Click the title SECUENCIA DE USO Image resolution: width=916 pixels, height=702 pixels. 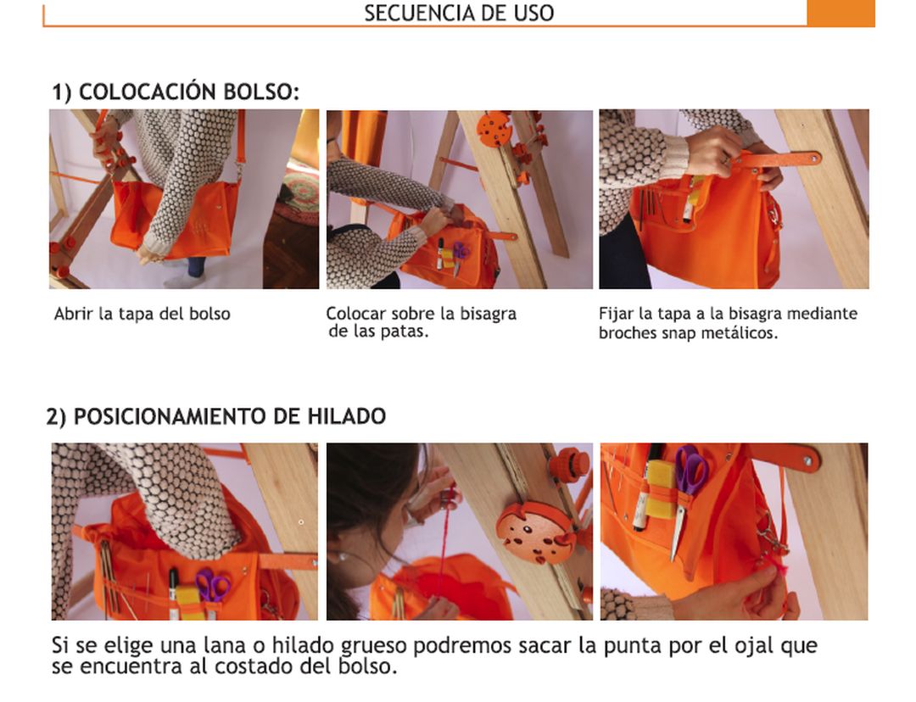click(x=459, y=13)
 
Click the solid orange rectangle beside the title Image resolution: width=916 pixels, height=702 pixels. click(x=841, y=13)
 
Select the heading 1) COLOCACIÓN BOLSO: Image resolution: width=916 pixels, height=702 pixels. click(x=176, y=92)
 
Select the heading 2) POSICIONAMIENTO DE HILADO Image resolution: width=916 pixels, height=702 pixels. click(x=216, y=416)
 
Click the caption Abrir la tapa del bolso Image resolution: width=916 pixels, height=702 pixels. click(x=142, y=314)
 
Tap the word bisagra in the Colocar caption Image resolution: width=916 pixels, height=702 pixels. click(x=488, y=315)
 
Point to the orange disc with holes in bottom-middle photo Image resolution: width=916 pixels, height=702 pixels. click(x=533, y=532)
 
